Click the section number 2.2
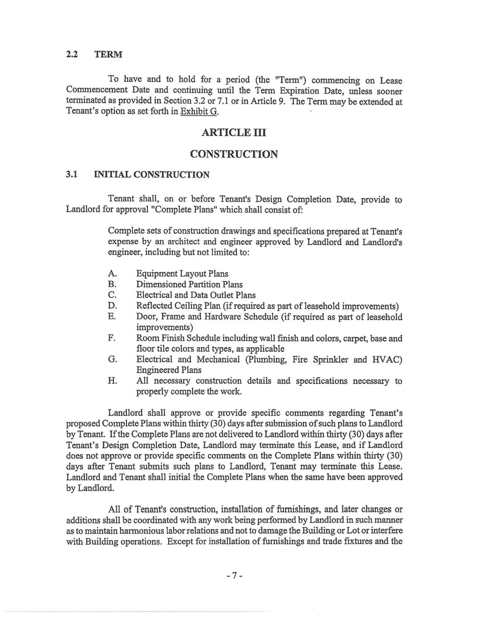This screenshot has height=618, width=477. click(71, 55)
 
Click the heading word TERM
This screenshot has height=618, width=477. click(108, 55)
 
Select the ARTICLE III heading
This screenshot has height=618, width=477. click(234, 133)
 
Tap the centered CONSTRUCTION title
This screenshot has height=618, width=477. click(234, 154)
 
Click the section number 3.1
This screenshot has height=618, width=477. click(72, 174)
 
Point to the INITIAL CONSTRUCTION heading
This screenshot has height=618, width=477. click(151, 174)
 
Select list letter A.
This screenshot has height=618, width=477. click(113, 274)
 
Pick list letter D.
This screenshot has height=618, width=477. click(113, 306)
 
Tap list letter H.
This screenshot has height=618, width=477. click(113, 381)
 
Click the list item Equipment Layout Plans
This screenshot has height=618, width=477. click(182, 274)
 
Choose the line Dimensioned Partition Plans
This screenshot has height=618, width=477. click(189, 285)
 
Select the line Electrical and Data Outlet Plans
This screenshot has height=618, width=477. click(196, 295)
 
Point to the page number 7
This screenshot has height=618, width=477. click(234, 575)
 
